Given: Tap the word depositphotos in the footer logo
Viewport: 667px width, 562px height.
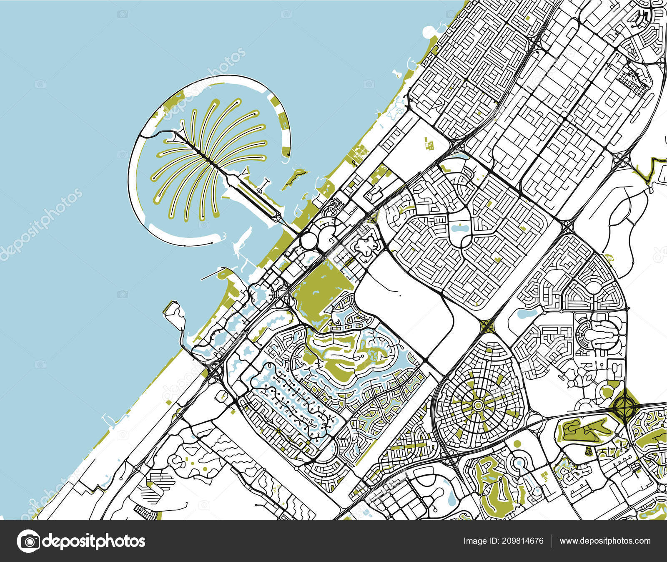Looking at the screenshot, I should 94,541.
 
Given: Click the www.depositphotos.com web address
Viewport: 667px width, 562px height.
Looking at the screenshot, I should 605,541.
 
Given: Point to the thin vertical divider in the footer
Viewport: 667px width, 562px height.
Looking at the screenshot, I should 551,541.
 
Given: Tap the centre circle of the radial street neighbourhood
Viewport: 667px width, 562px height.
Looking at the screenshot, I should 478,405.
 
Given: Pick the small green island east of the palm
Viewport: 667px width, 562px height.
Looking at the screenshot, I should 295,177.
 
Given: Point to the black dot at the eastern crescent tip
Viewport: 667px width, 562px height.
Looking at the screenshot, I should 288,156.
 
